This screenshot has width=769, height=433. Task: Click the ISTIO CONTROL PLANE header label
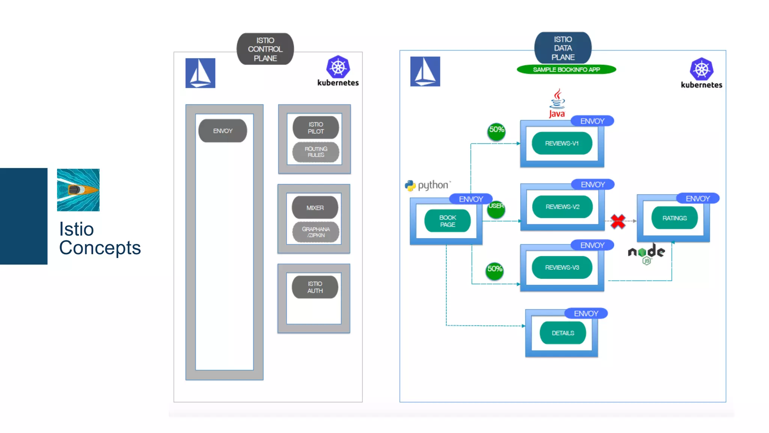265,49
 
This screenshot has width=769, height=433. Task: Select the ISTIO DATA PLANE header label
562,48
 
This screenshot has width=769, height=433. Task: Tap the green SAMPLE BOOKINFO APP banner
566,69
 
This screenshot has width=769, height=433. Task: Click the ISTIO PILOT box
315,128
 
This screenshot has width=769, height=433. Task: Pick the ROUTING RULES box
315,152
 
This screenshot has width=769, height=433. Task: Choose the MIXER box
315,208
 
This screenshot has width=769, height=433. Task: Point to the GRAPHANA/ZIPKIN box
315,232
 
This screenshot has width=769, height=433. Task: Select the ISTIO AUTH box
315,287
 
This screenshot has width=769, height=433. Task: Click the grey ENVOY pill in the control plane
223,131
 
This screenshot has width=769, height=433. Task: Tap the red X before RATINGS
618,221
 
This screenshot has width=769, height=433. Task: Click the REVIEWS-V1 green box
562,143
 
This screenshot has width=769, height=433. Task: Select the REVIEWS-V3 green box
562,267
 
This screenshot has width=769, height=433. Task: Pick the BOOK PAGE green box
447,221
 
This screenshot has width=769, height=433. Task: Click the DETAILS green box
562,333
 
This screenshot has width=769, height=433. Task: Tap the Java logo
557,103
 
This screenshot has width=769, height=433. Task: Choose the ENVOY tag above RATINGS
698,199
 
